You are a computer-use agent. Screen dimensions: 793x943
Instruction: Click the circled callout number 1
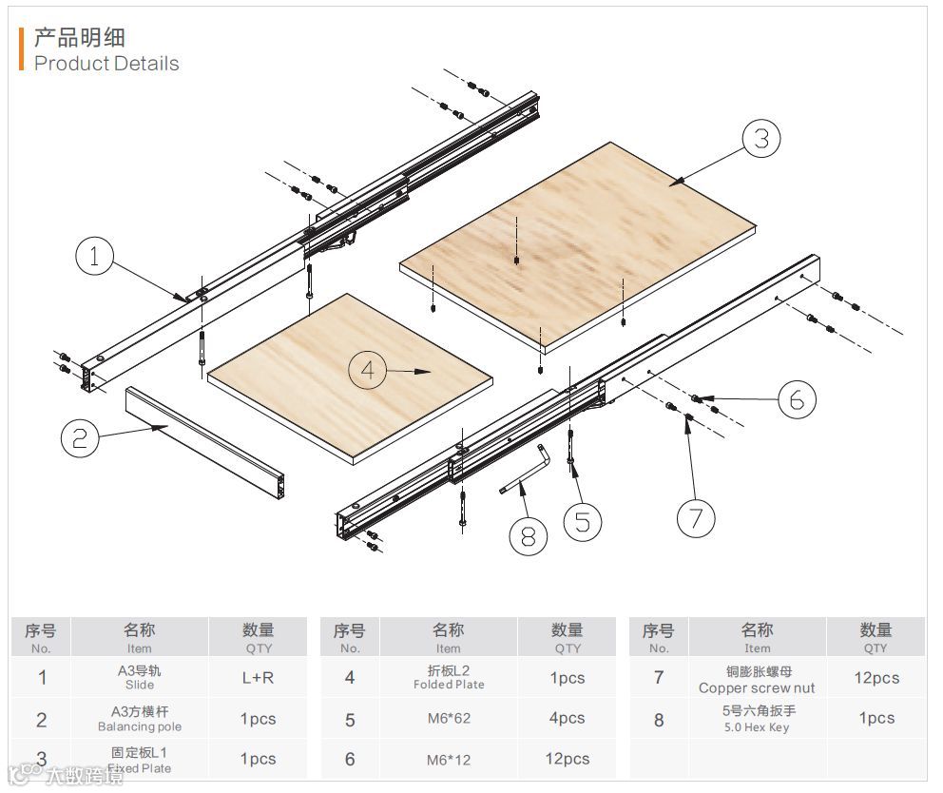pos(94,257)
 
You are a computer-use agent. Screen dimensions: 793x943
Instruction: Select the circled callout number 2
pos(80,437)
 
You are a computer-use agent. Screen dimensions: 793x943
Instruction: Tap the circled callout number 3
pos(760,139)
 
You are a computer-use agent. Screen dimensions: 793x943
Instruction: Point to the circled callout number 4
pos(368,370)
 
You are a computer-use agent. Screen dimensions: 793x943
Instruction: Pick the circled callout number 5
pos(582,520)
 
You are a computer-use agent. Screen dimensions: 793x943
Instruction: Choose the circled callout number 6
pos(797,400)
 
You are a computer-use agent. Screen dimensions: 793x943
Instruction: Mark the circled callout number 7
pos(696,518)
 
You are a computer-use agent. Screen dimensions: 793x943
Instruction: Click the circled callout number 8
pos(529,536)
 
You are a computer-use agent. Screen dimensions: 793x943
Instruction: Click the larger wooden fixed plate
pos(580,242)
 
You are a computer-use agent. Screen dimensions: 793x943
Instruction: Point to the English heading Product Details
pos(106,64)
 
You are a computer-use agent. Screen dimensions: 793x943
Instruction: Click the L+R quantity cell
pos(258,678)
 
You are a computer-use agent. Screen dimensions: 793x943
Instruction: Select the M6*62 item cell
pos(449,718)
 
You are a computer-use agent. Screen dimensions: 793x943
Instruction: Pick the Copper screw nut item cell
pos(757,679)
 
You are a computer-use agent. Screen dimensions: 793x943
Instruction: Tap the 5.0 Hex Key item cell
pos(757,719)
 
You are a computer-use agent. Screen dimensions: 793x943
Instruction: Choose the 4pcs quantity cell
pos(567,718)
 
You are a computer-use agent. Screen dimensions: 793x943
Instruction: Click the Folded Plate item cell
pos(449,677)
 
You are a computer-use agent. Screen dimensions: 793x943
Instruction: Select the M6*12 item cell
pos(449,758)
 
